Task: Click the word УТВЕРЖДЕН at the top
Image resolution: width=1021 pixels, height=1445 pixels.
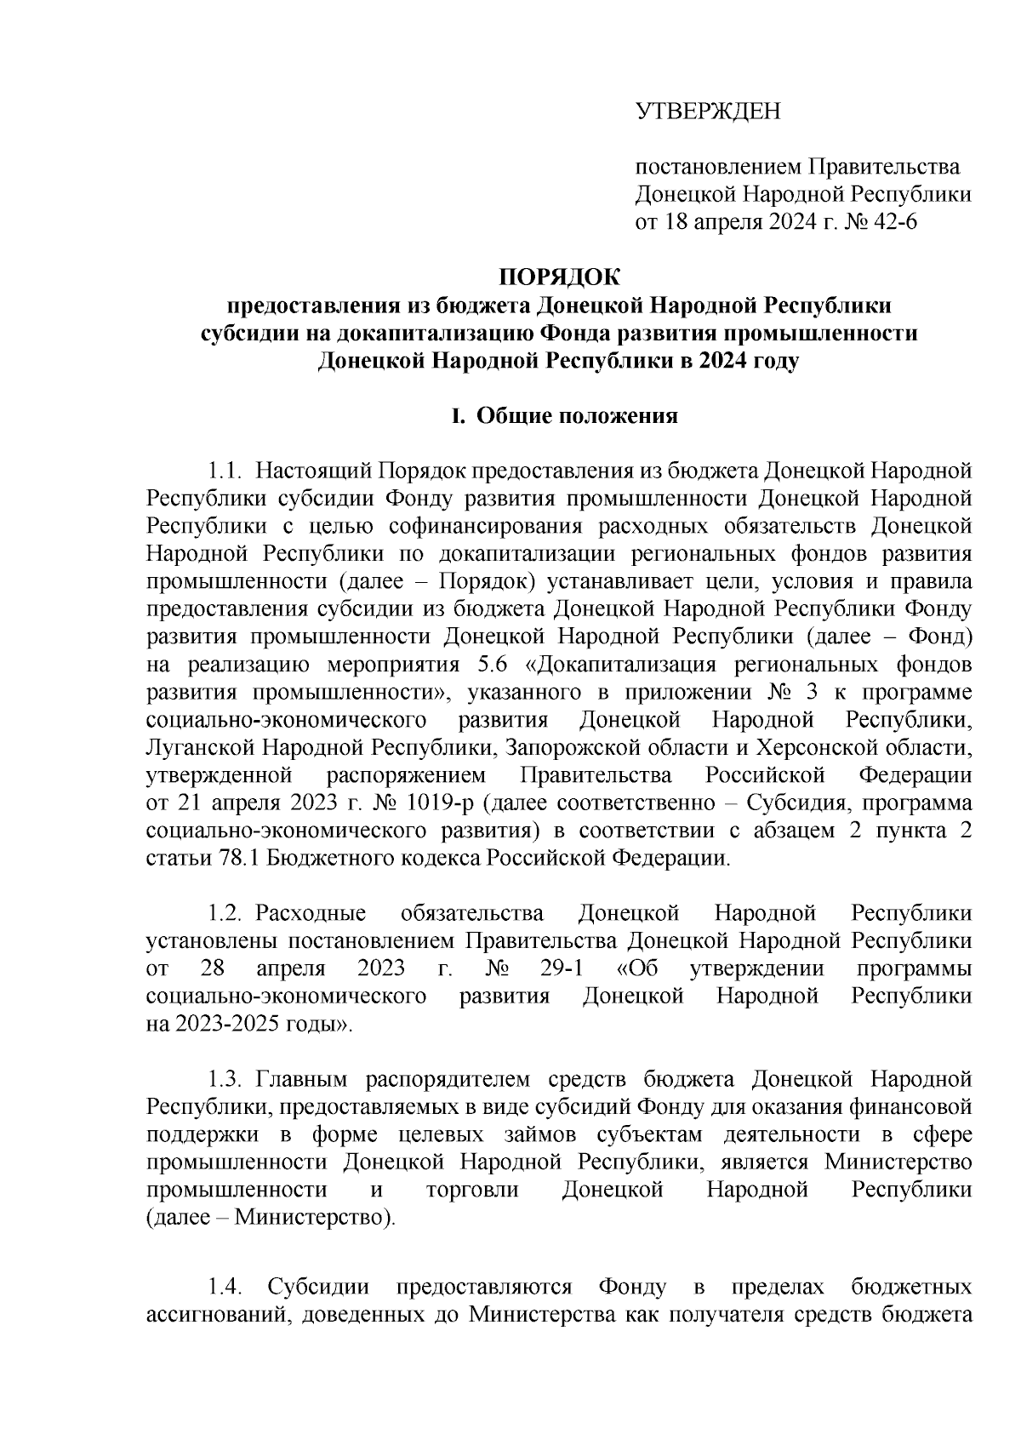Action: click(x=708, y=112)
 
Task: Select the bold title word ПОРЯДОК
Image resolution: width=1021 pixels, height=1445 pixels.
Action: click(x=559, y=277)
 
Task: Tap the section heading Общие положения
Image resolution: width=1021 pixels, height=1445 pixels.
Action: click(x=577, y=416)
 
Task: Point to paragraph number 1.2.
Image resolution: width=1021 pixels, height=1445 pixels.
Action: click(x=227, y=914)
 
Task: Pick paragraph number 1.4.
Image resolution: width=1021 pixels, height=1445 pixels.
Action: click(x=227, y=1287)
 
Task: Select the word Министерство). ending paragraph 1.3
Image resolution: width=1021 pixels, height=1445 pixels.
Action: click(x=315, y=1219)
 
